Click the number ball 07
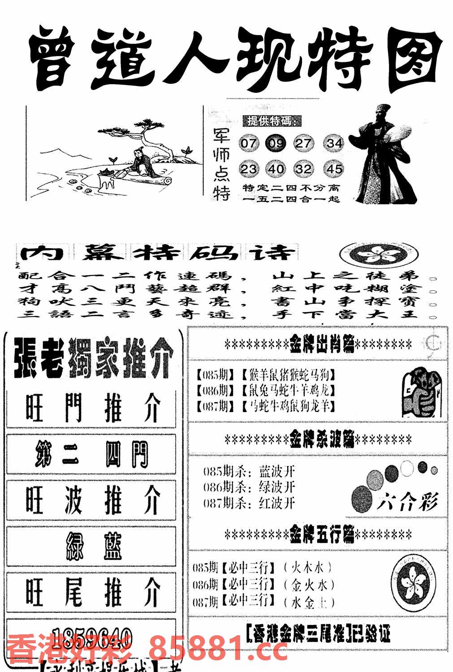249,143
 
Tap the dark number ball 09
276,143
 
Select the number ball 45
334,169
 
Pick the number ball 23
249,169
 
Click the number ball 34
334,143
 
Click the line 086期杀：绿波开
249,487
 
